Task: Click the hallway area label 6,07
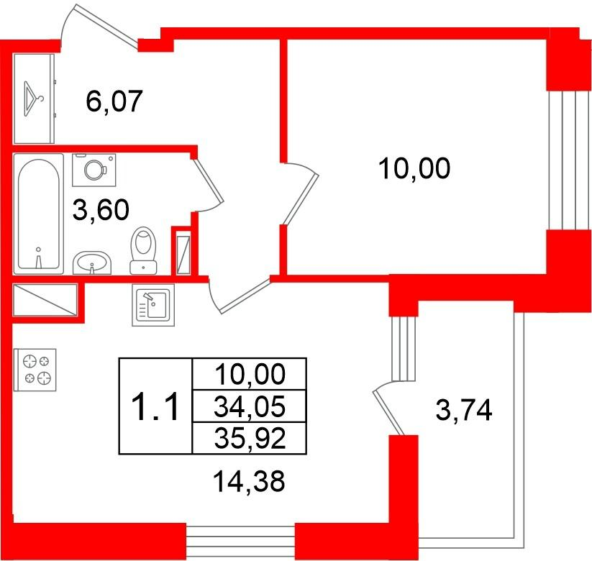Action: (114, 101)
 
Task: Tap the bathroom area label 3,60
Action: (101, 209)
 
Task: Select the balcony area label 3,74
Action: (464, 410)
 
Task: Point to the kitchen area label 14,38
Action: (249, 481)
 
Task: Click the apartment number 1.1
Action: (154, 406)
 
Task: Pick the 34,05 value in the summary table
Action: (249, 406)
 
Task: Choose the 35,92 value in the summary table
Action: (249, 438)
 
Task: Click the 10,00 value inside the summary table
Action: (249, 374)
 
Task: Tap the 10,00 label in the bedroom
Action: (414, 168)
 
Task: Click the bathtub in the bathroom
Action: (39, 214)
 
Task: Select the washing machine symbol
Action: (94, 170)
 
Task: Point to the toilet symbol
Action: (143, 250)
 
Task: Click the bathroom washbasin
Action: (92, 263)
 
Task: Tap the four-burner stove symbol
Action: (35, 370)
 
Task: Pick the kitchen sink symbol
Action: (153, 305)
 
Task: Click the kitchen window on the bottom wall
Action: (240, 541)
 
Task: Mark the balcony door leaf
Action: (388, 414)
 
